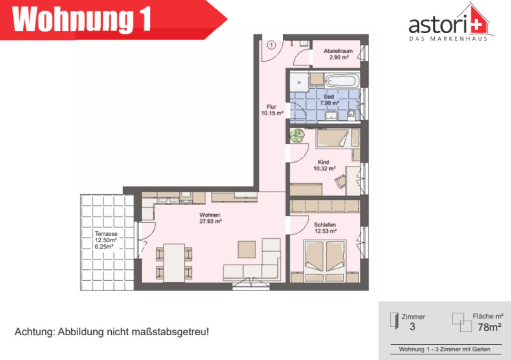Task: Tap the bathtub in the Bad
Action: (x=342, y=80)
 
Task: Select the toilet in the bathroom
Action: (x=351, y=114)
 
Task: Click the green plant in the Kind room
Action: (x=297, y=135)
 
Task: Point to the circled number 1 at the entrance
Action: (x=271, y=45)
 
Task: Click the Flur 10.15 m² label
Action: (x=272, y=110)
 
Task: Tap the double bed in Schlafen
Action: (x=325, y=261)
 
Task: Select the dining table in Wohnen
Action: (x=174, y=263)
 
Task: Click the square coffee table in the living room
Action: (x=247, y=249)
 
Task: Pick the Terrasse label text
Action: (x=106, y=234)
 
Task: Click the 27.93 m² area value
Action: (x=211, y=221)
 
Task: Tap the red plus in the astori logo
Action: (x=477, y=25)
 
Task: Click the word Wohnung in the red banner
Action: (x=73, y=19)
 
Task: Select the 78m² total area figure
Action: (x=489, y=327)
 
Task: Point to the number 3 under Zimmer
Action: (x=412, y=326)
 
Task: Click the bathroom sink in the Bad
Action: (x=331, y=115)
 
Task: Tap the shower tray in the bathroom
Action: (x=299, y=82)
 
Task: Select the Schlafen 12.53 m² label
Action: (x=325, y=228)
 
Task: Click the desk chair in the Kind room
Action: (x=340, y=181)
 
